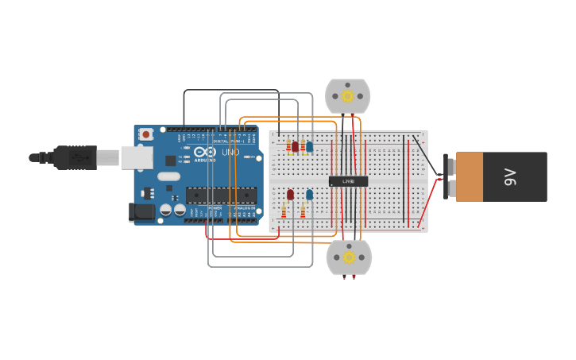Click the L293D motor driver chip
(348, 181)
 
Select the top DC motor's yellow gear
(347, 96)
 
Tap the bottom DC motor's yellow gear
(348, 257)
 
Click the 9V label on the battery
(511, 176)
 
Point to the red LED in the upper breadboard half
(295, 146)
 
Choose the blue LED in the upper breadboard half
(309, 146)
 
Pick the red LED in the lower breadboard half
(290, 194)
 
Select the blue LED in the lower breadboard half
(309, 194)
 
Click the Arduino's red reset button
(145, 135)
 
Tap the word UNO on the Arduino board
(230, 152)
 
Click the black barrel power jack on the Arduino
(141, 211)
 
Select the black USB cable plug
(75, 157)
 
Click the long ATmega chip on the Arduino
(220, 195)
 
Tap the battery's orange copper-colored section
(469, 176)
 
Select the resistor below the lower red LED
(284, 211)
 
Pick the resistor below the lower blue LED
(303, 211)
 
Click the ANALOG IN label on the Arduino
(243, 208)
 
